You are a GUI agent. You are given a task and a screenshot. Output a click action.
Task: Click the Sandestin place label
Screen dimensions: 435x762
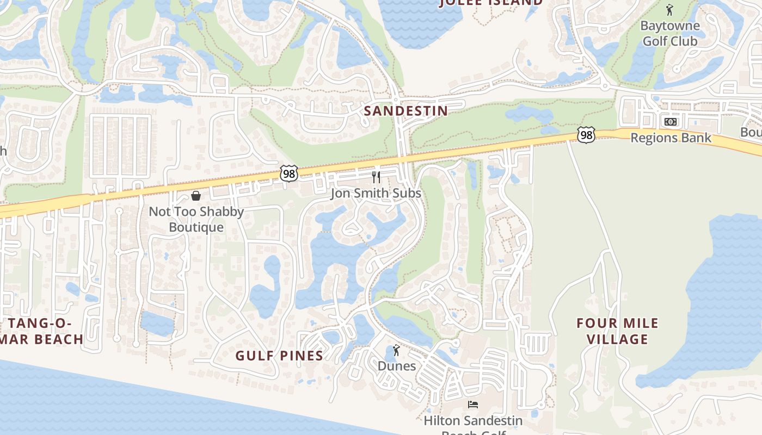(x=405, y=111)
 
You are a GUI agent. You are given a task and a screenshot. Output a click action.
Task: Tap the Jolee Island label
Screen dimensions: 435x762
(x=491, y=3)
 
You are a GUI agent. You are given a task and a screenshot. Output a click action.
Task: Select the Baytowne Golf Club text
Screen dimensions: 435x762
(x=669, y=33)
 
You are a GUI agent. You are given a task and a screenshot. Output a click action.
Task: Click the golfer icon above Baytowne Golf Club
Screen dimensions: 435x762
(x=669, y=10)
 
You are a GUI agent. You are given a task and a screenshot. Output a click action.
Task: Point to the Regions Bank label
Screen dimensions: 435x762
(x=671, y=138)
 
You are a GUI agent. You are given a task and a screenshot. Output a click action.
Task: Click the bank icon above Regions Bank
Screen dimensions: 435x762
(x=671, y=121)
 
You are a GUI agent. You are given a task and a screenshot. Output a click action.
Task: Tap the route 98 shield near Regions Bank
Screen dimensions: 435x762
(x=586, y=135)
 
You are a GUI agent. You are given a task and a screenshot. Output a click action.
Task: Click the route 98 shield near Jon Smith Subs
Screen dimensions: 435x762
(x=289, y=173)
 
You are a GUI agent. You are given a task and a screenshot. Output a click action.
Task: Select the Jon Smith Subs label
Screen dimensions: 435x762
(x=376, y=193)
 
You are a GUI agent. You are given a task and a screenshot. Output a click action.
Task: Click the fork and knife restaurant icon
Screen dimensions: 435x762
(x=376, y=177)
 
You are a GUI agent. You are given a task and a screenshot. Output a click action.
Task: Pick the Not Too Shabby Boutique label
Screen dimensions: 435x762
(x=196, y=219)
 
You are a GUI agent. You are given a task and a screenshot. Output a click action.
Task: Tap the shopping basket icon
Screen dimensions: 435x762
(x=196, y=196)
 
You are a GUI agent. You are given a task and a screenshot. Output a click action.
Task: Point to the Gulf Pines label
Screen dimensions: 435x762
(x=279, y=356)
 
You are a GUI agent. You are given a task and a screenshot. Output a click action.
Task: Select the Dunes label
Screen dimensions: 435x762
(x=397, y=366)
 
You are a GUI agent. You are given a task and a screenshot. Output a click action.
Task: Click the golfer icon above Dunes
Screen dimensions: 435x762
(x=396, y=350)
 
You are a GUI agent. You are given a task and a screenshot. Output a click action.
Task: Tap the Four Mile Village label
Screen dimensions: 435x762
(x=617, y=331)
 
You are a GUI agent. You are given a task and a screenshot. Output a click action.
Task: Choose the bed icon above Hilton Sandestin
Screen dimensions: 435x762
(x=472, y=405)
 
